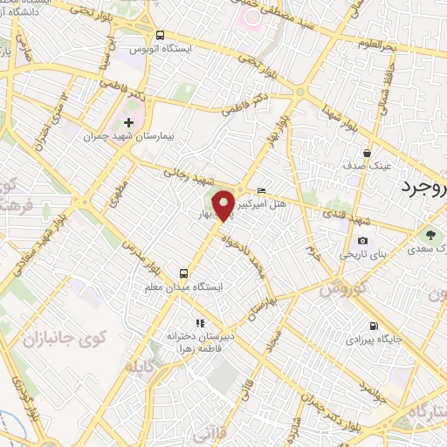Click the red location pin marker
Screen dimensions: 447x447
[223, 204]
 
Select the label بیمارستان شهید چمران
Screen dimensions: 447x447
[129, 137]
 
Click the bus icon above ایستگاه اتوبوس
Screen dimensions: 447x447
[159, 35]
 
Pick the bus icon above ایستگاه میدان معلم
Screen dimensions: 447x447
[183, 272]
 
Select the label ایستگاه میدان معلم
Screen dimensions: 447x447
[183, 286]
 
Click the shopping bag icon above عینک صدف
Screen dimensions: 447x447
[368, 152]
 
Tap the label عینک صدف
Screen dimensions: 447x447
[368, 166]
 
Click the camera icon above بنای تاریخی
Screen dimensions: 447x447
[362, 241]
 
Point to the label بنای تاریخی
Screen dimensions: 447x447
[362, 255]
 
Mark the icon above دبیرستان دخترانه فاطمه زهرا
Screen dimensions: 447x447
[201, 323]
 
